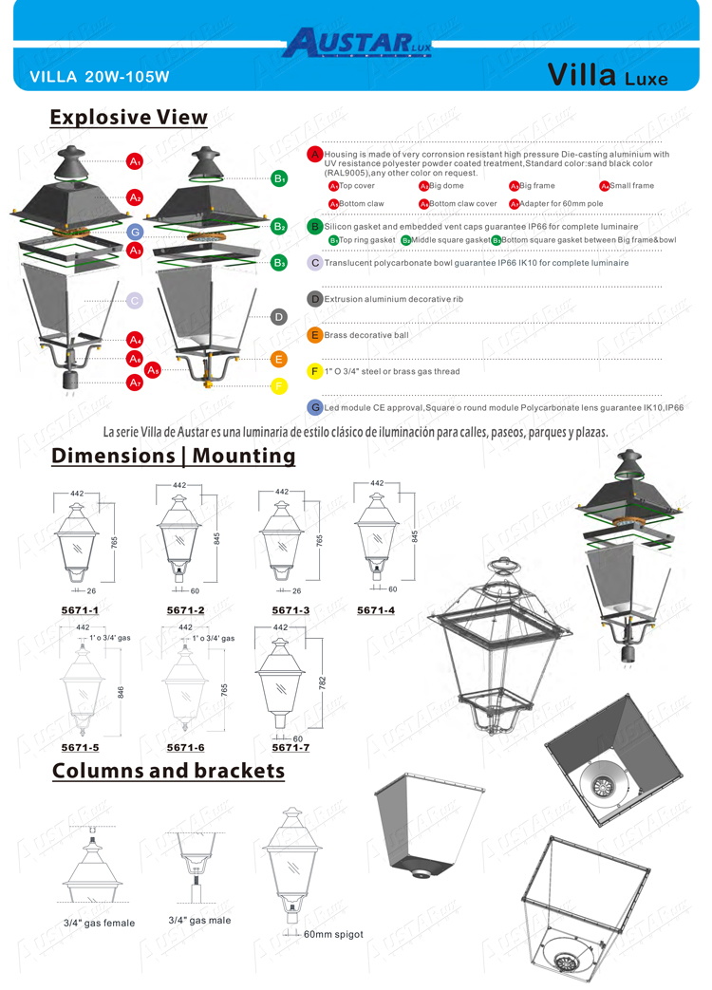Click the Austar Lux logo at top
point(357,42)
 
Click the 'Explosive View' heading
point(128,117)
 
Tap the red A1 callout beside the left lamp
point(136,160)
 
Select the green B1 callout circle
point(279,178)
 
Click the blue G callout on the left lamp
point(136,232)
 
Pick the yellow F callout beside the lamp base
point(279,385)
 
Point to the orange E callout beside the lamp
point(279,359)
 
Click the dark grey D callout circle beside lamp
point(279,317)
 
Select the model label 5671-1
point(80,609)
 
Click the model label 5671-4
point(376,609)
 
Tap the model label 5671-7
point(290,747)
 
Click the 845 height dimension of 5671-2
point(216,537)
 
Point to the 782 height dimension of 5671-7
point(323,682)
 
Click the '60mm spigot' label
point(333,934)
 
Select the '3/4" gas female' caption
point(99,923)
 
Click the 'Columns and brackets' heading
point(168,770)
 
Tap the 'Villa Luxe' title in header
point(608,77)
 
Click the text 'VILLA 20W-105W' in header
point(100,76)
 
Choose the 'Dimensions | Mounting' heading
point(174,456)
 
